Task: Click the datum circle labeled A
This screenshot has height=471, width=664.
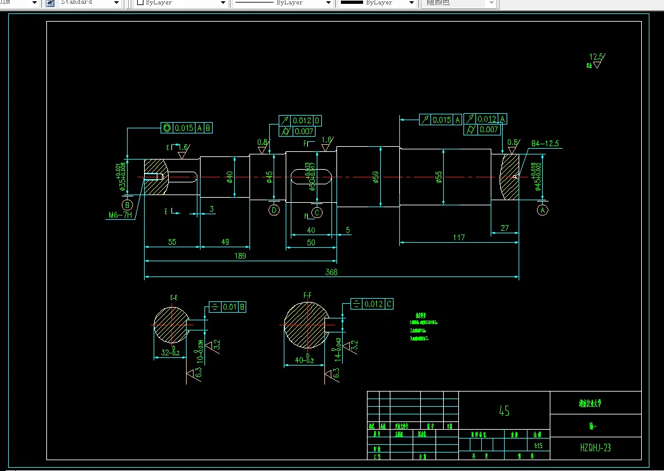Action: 542,210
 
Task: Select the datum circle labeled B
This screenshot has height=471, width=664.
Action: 128,205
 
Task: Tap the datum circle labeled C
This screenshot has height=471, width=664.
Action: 317,212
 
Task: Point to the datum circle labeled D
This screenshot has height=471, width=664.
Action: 274,210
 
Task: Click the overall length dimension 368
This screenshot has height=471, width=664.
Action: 331,272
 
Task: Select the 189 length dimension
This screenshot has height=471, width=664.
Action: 241,256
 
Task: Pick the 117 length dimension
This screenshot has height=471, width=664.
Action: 459,237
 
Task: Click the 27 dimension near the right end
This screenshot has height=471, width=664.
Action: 505,228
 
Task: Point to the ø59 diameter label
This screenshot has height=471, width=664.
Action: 376,176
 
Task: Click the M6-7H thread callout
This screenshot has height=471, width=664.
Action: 119,215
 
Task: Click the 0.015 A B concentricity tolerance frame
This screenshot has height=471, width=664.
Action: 187,128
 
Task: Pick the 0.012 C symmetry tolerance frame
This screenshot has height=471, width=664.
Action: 371,304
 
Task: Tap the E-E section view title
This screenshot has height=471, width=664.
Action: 173,297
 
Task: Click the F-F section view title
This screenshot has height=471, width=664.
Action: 307,296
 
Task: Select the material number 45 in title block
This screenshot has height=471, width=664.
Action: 504,411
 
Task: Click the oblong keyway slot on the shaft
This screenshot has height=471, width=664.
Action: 312,176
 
